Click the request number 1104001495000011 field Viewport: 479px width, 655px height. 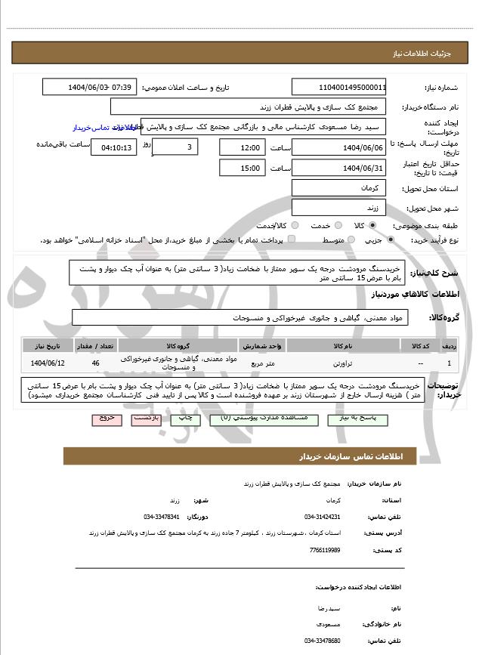tap(338, 87)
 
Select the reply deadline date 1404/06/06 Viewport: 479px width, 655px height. tap(338, 147)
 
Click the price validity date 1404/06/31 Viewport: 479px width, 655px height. tap(338, 168)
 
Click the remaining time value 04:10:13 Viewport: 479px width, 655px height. tap(114, 147)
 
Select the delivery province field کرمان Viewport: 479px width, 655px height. tap(338, 187)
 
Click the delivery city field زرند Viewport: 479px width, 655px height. tap(338, 207)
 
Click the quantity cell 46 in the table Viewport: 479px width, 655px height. tap(95, 363)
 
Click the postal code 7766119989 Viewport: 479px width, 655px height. tap(325, 550)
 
